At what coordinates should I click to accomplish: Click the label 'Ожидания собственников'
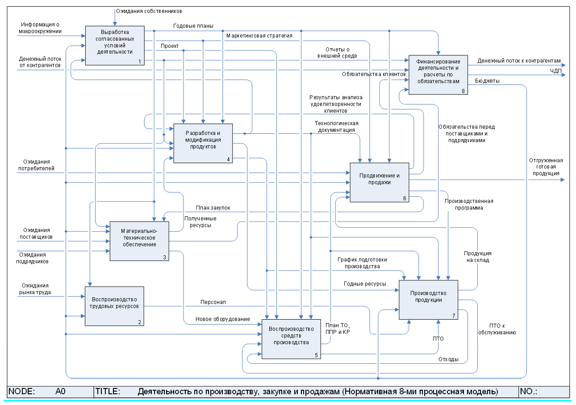click(149, 11)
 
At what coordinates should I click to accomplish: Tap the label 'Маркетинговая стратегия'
click(259, 35)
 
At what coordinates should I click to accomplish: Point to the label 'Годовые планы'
click(193, 25)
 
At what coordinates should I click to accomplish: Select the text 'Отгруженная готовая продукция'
click(546, 167)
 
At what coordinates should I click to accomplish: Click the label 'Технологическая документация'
click(337, 127)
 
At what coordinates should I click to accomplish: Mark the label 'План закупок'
click(213, 208)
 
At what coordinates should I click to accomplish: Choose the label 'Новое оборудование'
click(222, 319)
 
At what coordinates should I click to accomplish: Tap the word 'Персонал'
click(213, 302)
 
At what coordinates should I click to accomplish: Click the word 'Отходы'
click(448, 359)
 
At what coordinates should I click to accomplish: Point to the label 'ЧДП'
click(555, 71)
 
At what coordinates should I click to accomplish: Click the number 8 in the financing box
click(463, 91)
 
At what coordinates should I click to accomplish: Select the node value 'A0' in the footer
click(61, 392)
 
